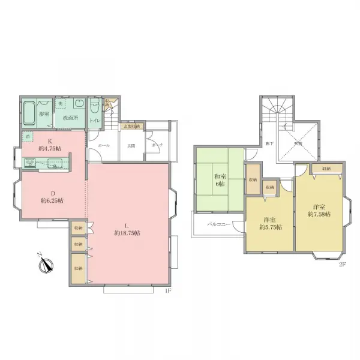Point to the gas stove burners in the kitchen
click(x=30, y=161)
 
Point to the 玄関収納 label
click(x=131, y=127)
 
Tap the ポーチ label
click(x=155, y=145)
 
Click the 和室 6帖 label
click(x=220, y=181)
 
